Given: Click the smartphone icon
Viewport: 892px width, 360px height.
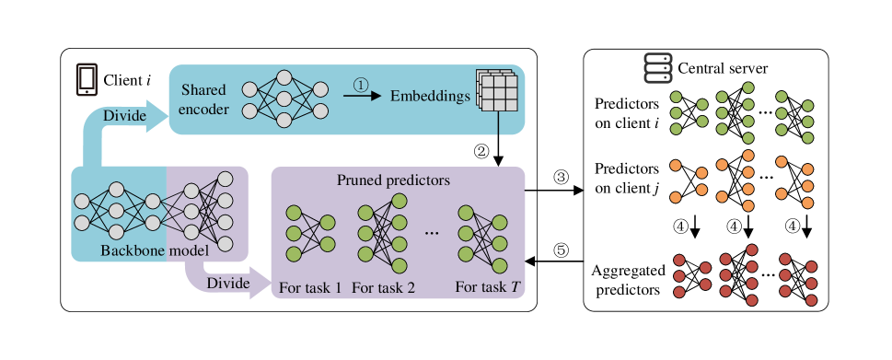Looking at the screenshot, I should (x=87, y=80).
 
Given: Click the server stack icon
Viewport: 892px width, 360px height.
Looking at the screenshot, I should (x=657, y=68).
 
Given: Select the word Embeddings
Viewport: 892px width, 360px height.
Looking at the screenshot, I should (x=430, y=96).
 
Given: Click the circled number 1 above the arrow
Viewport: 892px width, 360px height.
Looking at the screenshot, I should (x=361, y=84).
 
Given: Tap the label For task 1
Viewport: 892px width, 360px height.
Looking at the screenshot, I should (x=310, y=287).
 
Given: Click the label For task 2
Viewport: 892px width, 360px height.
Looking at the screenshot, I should (x=383, y=287).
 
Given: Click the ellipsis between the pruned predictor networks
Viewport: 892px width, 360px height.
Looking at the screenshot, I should (x=432, y=234).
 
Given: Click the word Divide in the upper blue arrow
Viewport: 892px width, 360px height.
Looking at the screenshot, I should (x=122, y=115).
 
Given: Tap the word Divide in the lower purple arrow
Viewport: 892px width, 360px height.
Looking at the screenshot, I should (x=227, y=283).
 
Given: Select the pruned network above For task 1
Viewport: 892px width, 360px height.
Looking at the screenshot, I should (x=309, y=232).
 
